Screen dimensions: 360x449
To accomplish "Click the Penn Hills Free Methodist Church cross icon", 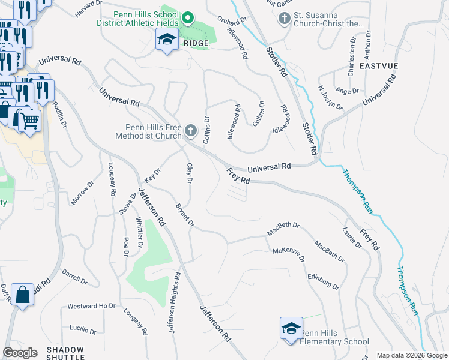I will pyautogui.click(x=191, y=130).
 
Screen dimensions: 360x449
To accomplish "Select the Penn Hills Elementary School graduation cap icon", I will pyautogui.click(x=291, y=329).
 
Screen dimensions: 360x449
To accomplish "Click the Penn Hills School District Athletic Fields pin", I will pyautogui.click(x=187, y=19).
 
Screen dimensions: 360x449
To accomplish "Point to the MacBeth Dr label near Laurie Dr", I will pyautogui.click(x=330, y=252).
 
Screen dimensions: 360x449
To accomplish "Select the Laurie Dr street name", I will pyautogui.click(x=352, y=237).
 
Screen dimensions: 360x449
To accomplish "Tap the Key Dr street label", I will pyautogui.click(x=153, y=176).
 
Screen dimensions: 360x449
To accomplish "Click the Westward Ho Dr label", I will pyautogui.click(x=91, y=306).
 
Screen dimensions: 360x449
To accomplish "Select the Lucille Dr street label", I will pyautogui.click(x=83, y=330).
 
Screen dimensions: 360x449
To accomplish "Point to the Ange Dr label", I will pyautogui.click(x=348, y=91).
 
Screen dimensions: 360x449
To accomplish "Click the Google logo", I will pyautogui.click(x=20, y=353).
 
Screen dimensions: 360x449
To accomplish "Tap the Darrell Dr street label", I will pyautogui.click(x=75, y=277).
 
